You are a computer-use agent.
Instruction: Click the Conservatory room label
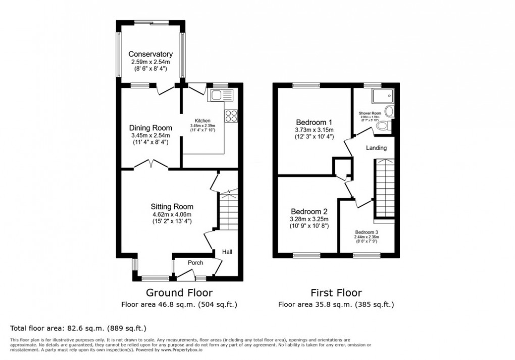[150, 54]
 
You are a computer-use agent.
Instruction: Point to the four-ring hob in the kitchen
[231, 116]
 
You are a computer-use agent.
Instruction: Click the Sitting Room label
[172, 206]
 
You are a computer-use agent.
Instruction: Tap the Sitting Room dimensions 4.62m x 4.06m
[172, 214]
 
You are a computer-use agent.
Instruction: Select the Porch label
[195, 263]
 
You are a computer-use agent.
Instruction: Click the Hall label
[227, 251]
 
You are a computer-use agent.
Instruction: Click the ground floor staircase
[228, 212]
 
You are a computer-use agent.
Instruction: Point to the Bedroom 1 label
[314, 122]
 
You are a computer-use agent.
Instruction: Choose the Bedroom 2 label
[310, 211]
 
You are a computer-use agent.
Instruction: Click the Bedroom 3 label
[367, 232]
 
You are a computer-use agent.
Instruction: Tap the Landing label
[376, 148]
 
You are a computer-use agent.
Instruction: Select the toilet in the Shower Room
[385, 126]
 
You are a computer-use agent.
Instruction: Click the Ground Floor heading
[179, 293]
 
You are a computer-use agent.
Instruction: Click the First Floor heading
[336, 293]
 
